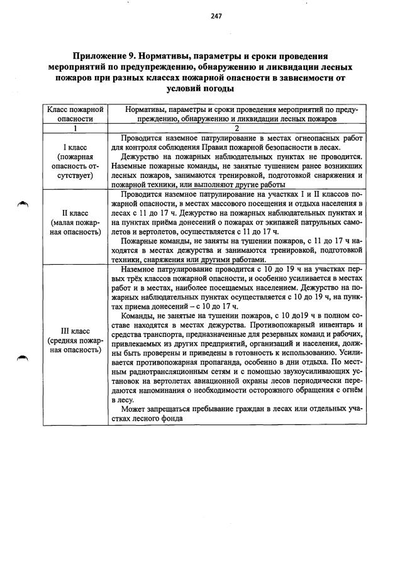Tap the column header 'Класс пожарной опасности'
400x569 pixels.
coord(75,114)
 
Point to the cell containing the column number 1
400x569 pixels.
coord(75,128)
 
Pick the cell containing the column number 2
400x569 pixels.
coord(236,128)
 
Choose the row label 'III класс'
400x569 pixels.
coord(75,331)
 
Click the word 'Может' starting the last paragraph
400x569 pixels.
coord(133,410)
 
